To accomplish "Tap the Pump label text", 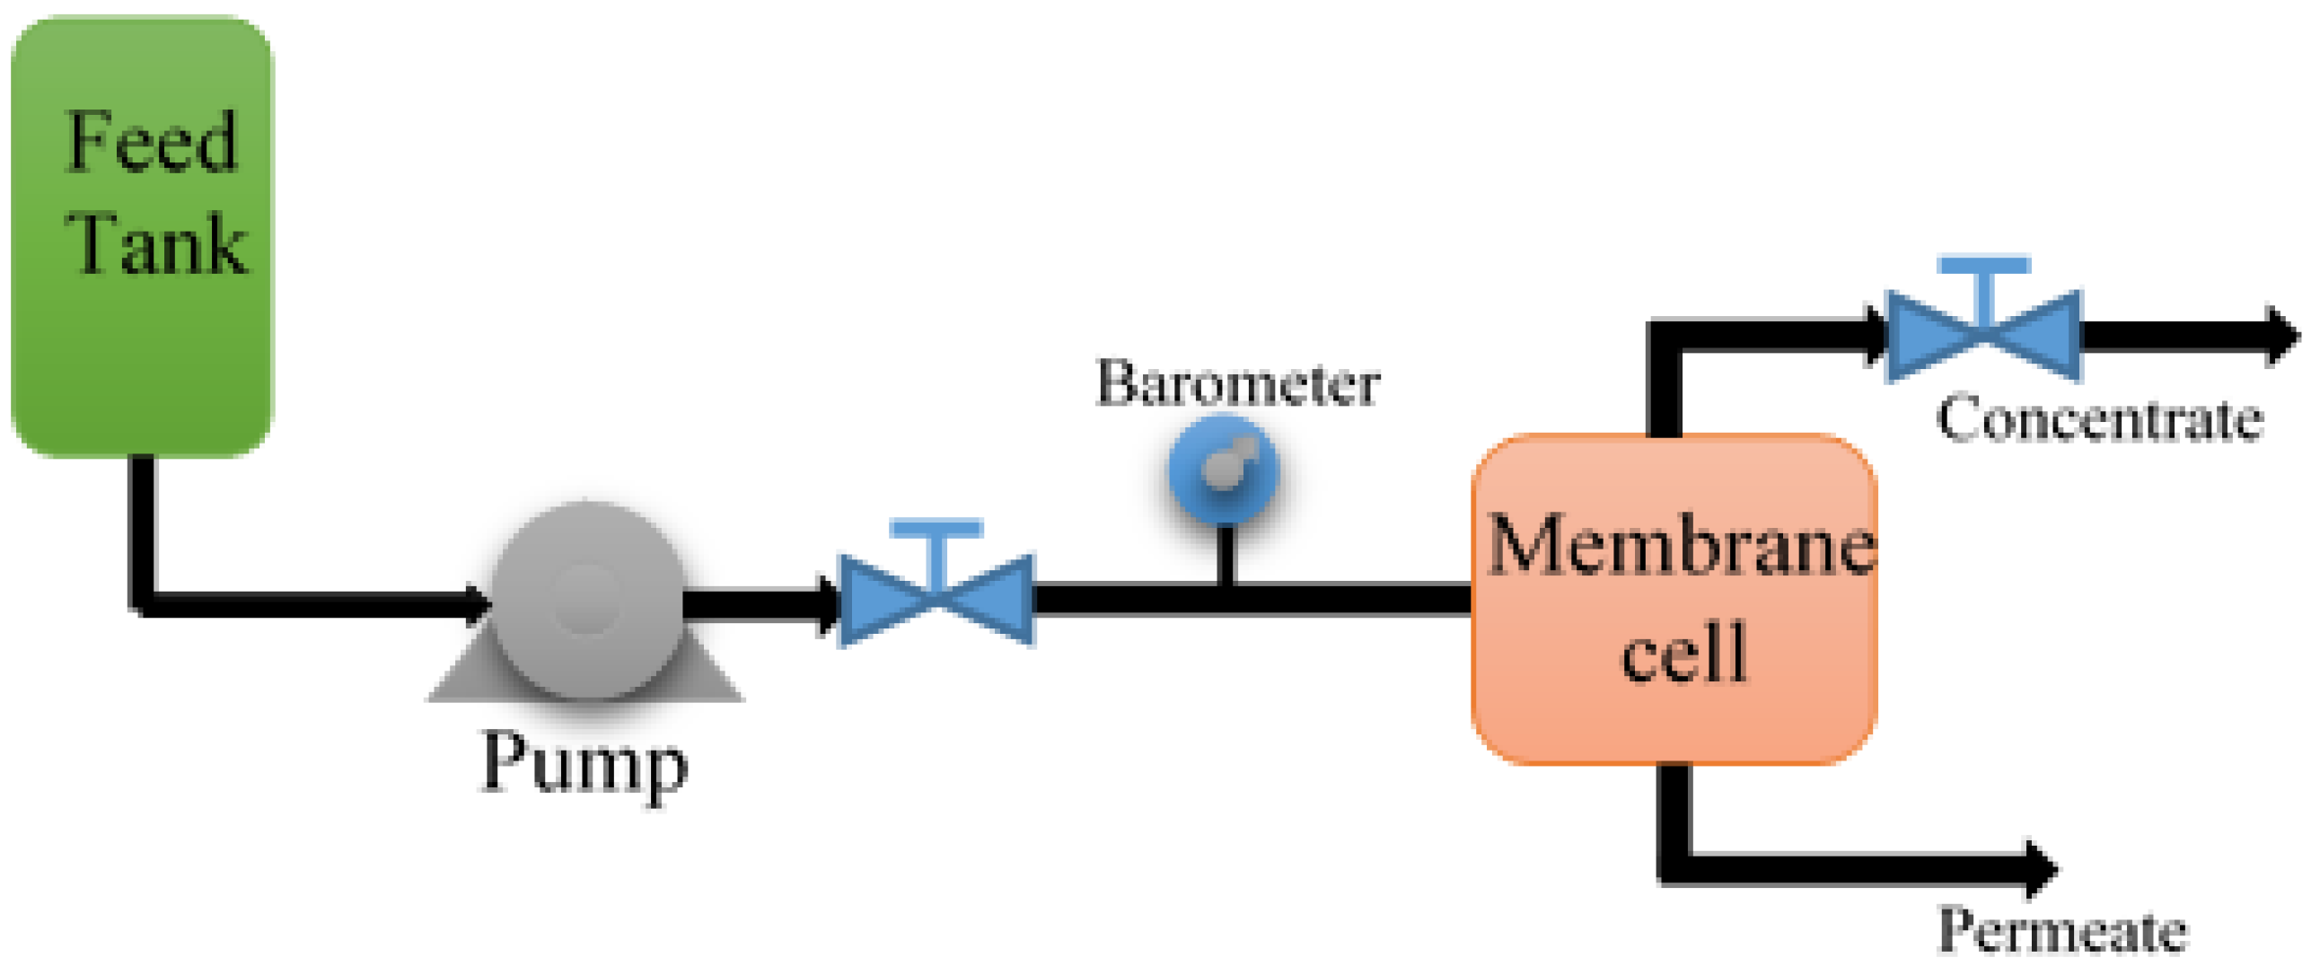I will (x=584, y=765).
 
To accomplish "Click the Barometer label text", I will (x=1237, y=383).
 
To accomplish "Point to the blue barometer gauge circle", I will (x=1223, y=470).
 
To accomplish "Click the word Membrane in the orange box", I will (x=1681, y=546).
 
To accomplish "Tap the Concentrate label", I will (x=2098, y=419).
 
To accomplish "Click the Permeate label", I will (x=2062, y=930).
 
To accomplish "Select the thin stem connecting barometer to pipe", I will (x=1225, y=554).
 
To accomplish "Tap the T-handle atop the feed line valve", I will (x=936, y=531).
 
